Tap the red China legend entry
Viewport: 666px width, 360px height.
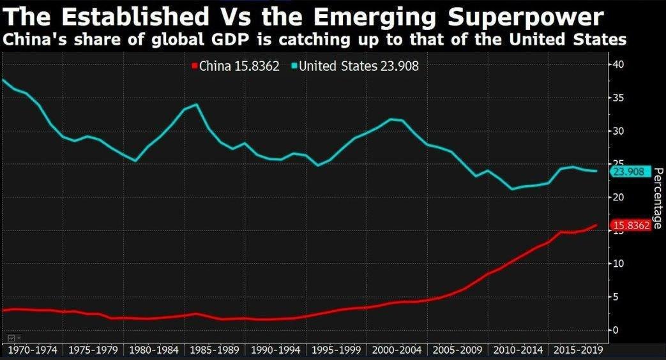(236, 66)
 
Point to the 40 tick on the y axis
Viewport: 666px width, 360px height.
(617, 64)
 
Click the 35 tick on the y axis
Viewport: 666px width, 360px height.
(617, 98)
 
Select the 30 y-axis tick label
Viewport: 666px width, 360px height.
(617, 131)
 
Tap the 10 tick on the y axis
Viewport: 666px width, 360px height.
(617, 264)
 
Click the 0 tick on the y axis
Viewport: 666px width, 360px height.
(614, 330)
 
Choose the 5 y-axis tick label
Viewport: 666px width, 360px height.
(614, 297)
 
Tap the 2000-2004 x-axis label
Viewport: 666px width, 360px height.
(396, 350)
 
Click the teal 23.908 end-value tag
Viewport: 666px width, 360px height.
(631, 172)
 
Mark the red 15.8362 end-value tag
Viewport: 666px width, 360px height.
(631, 225)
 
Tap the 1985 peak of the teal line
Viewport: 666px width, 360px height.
(197, 104)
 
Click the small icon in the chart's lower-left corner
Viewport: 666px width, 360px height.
(11, 336)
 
